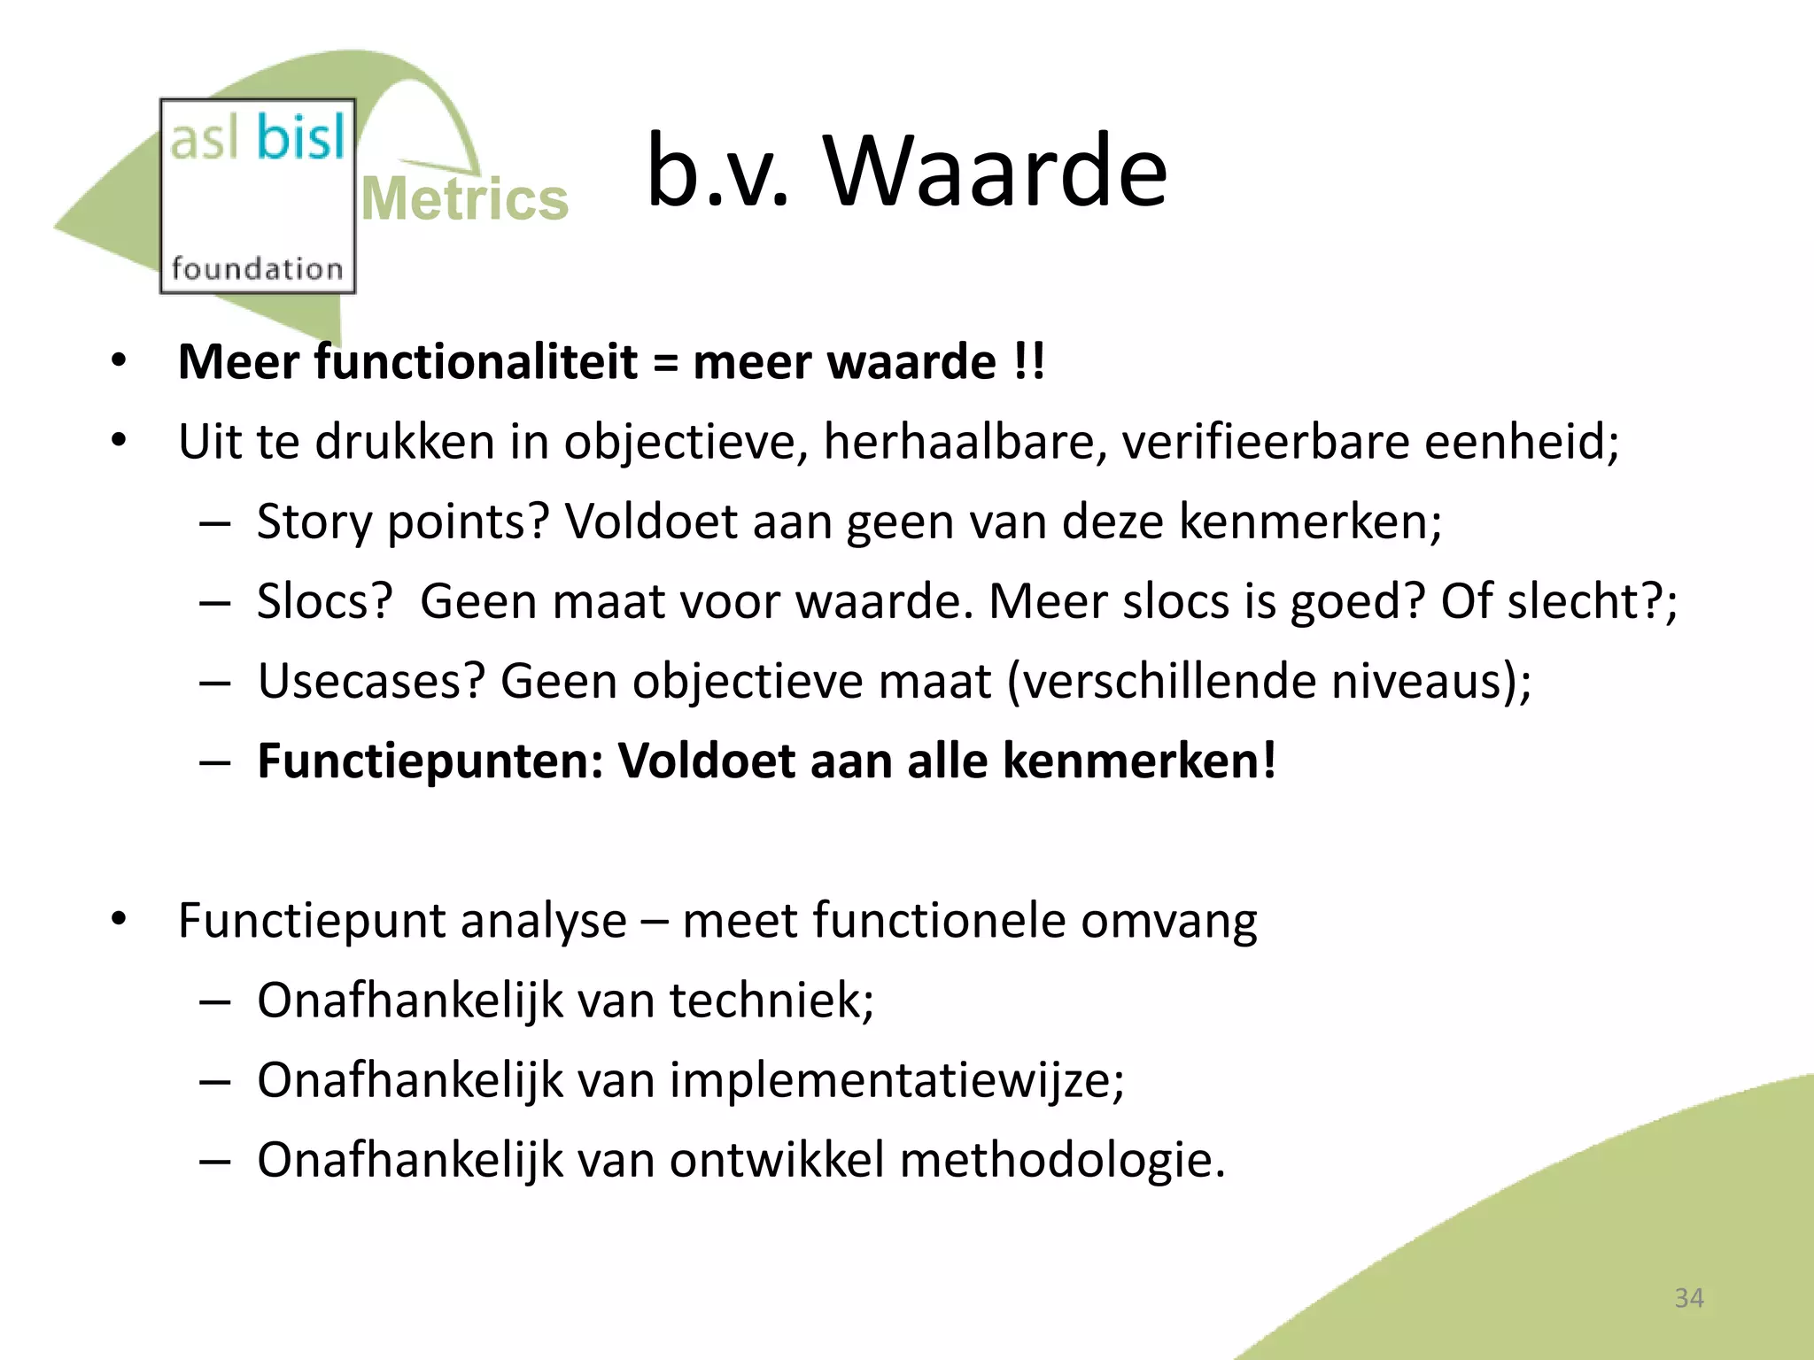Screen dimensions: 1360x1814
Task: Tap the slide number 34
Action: tap(1688, 1298)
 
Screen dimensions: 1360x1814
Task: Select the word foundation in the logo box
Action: tap(257, 268)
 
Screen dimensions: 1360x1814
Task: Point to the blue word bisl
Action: tap(299, 138)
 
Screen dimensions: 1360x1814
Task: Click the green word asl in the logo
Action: tap(204, 140)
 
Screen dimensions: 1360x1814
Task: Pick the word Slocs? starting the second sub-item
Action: tap(324, 601)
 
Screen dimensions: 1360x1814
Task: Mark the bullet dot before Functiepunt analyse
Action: tap(120, 920)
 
